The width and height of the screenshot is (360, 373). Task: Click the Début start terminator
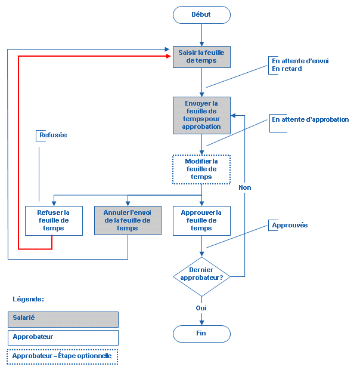pos(201,15)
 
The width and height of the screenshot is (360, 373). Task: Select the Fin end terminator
pos(201,334)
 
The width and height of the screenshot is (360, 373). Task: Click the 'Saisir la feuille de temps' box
pos(201,57)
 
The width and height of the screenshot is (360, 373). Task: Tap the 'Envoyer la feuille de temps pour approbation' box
pos(201,115)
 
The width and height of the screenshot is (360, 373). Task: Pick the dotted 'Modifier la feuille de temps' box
pos(201,169)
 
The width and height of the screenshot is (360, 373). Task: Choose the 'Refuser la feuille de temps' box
pos(54,220)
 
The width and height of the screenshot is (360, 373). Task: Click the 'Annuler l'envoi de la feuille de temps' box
pos(128,220)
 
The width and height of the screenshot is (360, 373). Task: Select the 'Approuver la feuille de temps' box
pos(201,220)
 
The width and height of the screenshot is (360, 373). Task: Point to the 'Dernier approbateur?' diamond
pos(201,273)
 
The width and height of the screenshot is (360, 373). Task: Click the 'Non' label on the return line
pos(244,187)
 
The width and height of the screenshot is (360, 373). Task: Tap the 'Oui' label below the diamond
pos(201,309)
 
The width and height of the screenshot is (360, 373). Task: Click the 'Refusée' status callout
pos(54,135)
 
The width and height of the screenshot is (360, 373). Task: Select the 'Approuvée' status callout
pos(290,226)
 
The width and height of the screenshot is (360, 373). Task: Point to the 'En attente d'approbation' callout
pos(310,119)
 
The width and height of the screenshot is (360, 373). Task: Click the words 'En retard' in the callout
pos(287,69)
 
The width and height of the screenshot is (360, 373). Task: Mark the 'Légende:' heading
pos(29,299)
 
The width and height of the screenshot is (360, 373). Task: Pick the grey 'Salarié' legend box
pos(63,319)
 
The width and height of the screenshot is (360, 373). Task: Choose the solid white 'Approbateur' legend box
pos(63,337)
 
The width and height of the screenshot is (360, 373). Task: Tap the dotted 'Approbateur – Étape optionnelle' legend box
pos(63,356)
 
